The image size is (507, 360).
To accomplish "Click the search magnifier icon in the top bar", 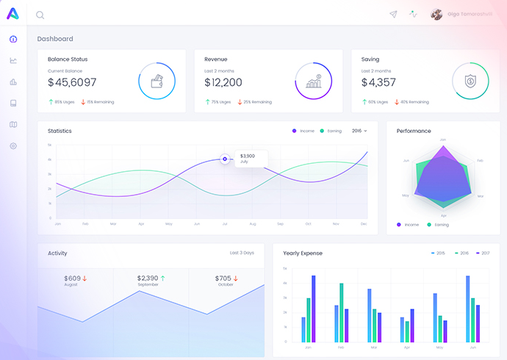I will coord(40,15).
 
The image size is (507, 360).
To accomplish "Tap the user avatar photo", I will coord(436,14).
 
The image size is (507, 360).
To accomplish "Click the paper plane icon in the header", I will coord(393,14).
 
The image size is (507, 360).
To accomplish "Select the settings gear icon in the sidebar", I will coord(13,146).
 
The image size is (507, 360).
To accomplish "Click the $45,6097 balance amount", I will coord(72,83).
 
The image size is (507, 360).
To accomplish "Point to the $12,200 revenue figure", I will coord(223,83).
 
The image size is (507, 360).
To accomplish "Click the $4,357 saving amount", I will coord(378,83).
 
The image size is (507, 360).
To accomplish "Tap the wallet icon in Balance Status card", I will coord(157,81).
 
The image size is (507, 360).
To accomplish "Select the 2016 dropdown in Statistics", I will coord(359,131).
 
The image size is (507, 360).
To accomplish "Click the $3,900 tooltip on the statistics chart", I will coord(249,158).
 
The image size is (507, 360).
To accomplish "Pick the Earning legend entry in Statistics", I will coord(331,131).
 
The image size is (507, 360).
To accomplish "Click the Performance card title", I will coord(414,131).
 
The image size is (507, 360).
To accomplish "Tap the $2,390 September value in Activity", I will coord(148,278).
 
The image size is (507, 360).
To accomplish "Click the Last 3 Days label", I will coord(242,253).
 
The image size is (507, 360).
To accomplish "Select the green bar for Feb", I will coord(341,312).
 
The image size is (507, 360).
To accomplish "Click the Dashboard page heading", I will coord(55,39).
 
